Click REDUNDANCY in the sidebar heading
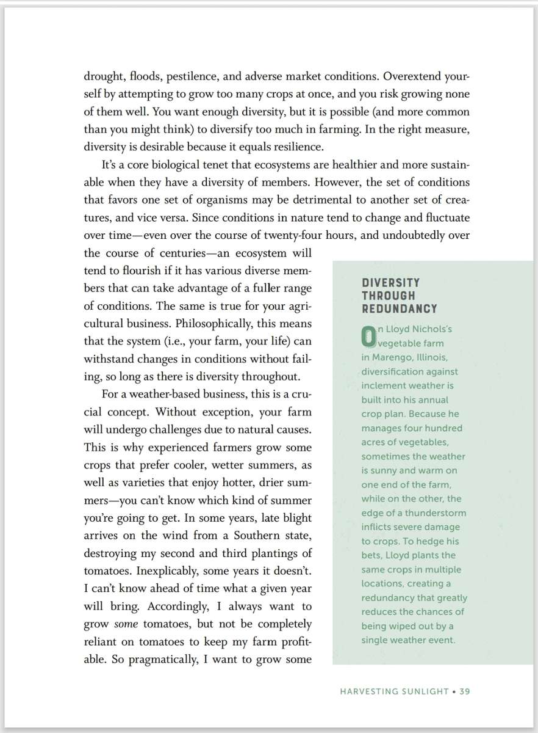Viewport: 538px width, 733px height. [x=399, y=308]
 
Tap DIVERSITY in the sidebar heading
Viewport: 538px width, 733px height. [x=390, y=283]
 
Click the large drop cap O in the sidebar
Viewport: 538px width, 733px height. [x=368, y=336]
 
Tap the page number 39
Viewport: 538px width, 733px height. [x=465, y=691]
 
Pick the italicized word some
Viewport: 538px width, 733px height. [x=126, y=625]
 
